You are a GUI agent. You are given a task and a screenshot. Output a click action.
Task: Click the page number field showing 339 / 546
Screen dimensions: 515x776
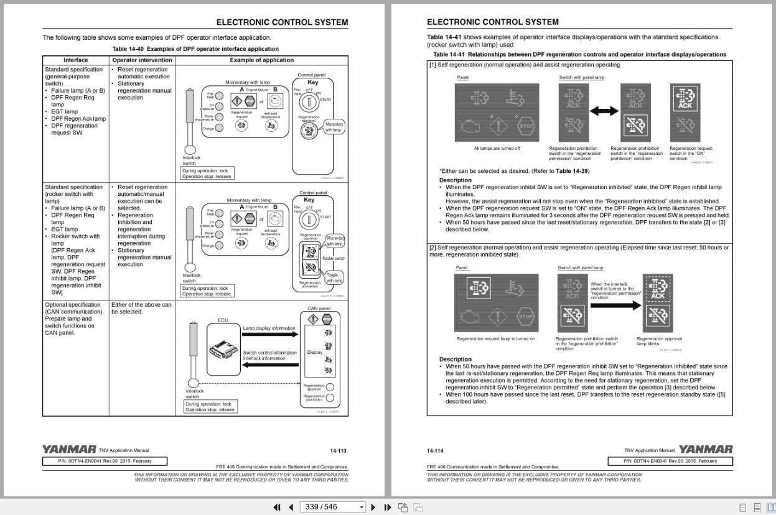point(330,507)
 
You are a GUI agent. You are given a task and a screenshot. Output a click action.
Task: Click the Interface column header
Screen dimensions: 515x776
point(76,60)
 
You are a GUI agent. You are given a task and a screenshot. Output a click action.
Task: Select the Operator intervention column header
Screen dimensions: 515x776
point(139,60)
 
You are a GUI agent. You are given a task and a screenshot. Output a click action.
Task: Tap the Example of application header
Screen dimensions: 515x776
point(261,60)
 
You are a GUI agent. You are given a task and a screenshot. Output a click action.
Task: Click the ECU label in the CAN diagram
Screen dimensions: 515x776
point(223,320)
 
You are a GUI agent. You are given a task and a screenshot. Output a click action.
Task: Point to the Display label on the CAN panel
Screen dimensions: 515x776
point(315,352)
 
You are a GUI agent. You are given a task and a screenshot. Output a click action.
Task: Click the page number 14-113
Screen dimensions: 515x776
point(338,450)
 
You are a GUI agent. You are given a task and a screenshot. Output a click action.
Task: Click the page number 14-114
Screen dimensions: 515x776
point(435,450)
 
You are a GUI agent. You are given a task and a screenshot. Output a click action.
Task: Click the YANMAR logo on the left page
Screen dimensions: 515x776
point(69,449)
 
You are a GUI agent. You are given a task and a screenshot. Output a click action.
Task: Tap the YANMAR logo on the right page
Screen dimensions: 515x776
point(705,449)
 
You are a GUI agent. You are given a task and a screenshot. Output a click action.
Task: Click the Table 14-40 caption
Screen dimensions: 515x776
point(195,49)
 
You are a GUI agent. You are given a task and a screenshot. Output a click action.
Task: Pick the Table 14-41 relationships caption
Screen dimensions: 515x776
point(579,54)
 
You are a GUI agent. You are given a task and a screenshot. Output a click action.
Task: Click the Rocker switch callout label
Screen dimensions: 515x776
point(334,258)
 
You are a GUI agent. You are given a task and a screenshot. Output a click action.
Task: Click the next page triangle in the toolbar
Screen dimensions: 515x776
point(373,507)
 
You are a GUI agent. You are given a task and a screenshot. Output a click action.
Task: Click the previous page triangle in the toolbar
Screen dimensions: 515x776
point(291,507)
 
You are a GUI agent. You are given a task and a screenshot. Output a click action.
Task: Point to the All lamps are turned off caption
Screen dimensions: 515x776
point(497,149)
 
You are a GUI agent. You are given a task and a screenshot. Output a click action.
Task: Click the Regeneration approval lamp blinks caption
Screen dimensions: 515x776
point(659,341)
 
